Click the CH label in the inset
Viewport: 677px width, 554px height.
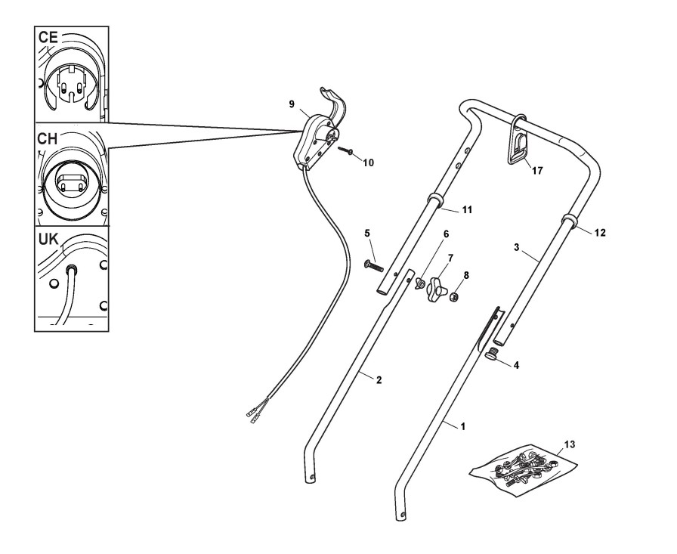point(49,141)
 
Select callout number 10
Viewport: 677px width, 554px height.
point(368,162)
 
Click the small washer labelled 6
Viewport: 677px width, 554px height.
point(415,283)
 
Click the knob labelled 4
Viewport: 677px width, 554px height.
point(493,354)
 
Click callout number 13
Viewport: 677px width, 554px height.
point(569,443)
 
